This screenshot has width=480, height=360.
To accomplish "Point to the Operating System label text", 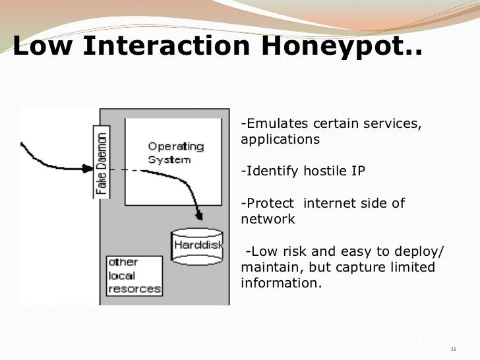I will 175,152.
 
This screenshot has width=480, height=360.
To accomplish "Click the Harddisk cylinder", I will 197,247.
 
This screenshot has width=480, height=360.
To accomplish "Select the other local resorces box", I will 134,276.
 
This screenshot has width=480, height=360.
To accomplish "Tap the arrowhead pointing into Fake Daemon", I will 90,169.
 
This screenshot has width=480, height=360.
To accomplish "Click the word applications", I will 280,140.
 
